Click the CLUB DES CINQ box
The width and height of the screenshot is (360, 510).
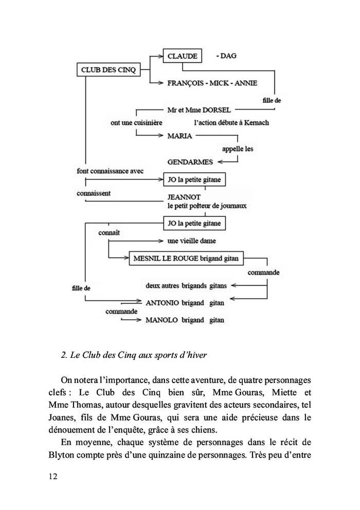tap(108, 70)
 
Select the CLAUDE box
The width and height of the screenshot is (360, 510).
tap(182, 56)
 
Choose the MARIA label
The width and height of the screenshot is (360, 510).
tap(179, 136)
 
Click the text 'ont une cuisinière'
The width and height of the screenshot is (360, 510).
tap(136, 123)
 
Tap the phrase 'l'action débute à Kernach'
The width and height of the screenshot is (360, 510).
tap(231, 123)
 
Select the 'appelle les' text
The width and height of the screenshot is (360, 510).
tap(237, 149)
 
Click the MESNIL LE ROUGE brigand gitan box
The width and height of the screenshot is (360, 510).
tap(186, 258)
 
